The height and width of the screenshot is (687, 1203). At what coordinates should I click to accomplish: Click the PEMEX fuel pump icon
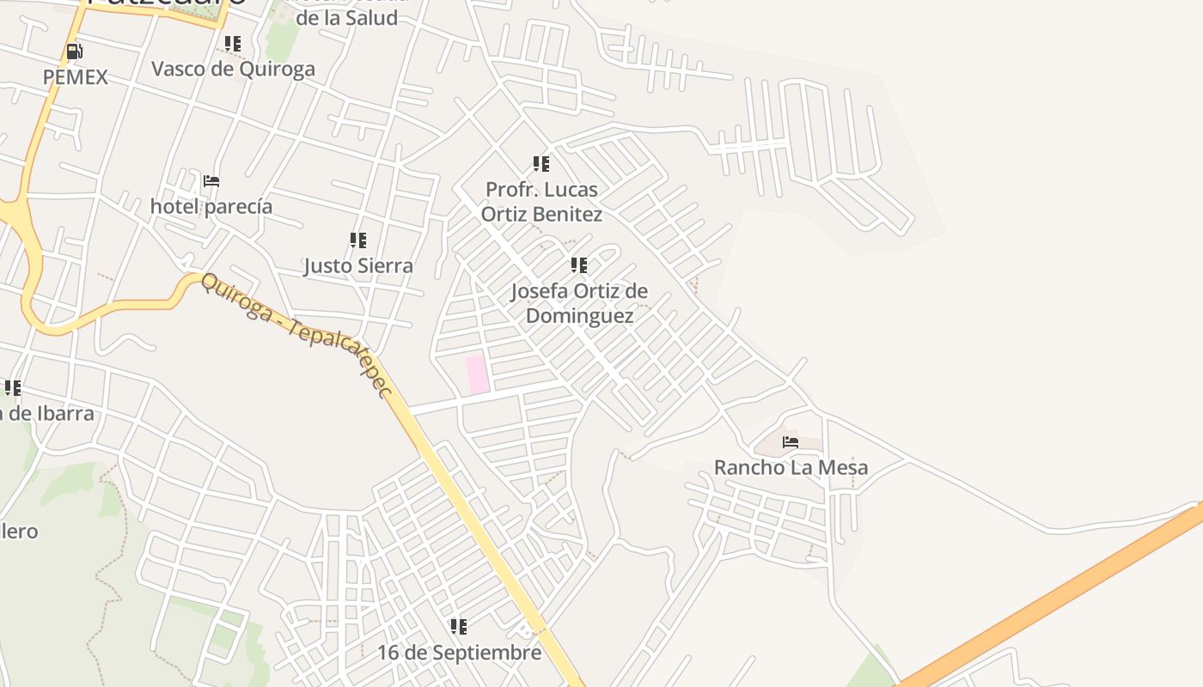[x=75, y=52]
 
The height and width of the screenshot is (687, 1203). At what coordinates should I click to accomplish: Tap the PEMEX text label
[x=76, y=77]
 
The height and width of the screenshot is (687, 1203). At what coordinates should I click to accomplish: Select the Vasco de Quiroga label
[x=233, y=69]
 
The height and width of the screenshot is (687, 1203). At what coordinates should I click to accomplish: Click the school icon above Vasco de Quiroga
[x=233, y=43]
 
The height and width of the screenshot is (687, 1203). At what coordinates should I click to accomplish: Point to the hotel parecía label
[x=211, y=206]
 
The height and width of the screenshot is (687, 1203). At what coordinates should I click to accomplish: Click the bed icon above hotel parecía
[x=211, y=181]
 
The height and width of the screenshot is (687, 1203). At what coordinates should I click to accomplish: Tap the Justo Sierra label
[x=358, y=265]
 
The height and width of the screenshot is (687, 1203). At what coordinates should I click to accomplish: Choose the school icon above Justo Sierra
[x=358, y=240]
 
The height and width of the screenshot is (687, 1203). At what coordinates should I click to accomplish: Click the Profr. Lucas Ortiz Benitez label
[x=541, y=201]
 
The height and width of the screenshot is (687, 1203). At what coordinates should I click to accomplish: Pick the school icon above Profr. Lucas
[x=541, y=163]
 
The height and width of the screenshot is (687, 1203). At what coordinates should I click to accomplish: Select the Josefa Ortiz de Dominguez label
[x=580, y=303]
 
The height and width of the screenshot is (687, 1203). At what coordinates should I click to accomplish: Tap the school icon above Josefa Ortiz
[x=580, y=265]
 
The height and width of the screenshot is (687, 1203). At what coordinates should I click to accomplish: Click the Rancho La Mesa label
[x=791, y=467]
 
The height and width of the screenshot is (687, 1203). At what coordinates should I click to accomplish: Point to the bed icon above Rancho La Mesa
[x=791, y=442]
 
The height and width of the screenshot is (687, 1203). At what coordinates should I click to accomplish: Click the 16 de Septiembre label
[x=460, y=653]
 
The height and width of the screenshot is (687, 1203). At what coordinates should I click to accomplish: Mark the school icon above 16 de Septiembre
[x=460, y=627]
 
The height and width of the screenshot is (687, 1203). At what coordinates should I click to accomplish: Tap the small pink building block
[x=477, y=375]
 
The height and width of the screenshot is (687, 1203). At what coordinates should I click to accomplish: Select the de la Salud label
[x=346, y=17]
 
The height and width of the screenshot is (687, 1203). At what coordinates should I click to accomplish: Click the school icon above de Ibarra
[x=12, y=388]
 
